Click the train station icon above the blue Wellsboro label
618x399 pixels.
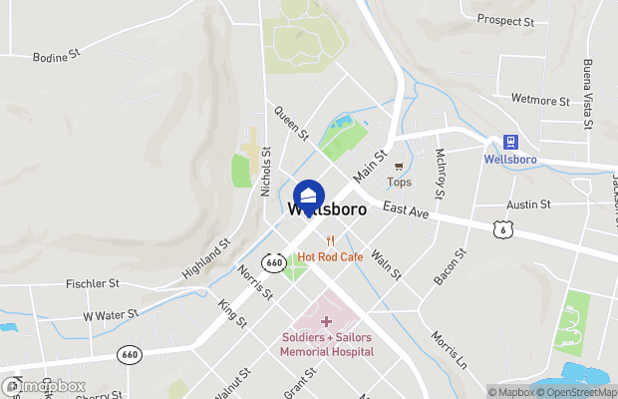[510, 143]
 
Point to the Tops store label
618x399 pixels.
[399, 182]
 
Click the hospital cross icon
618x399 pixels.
[326, 320]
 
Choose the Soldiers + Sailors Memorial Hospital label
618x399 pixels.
[327, 344]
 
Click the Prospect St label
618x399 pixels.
[505, 20]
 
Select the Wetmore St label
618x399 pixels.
[538, 101]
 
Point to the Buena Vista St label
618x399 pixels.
[588, 88]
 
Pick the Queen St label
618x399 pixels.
[292, 124]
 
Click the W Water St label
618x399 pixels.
[110, 315]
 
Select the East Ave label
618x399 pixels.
[405, 211]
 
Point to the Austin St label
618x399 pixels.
[528, 204]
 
